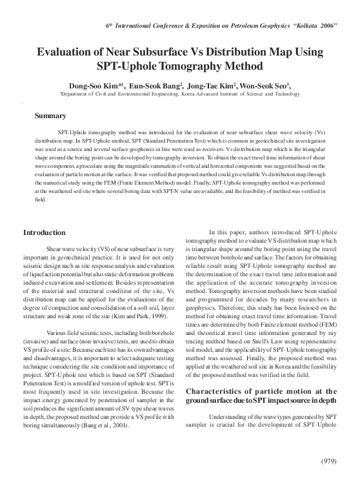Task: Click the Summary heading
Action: (x=50, y=116)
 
